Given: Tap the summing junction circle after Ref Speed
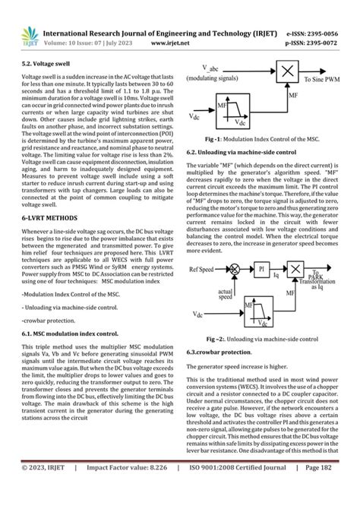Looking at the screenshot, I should [235, 269].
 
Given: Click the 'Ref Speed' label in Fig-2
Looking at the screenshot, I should [204, 269].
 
